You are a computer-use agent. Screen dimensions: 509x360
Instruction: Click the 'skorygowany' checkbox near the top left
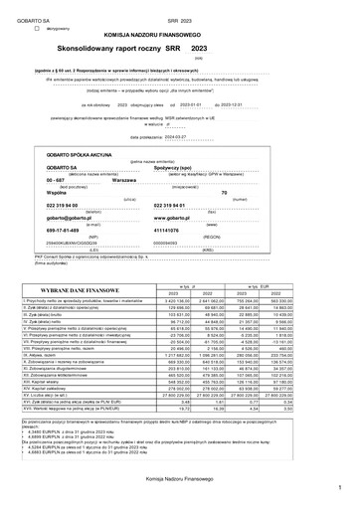[37, 30]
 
